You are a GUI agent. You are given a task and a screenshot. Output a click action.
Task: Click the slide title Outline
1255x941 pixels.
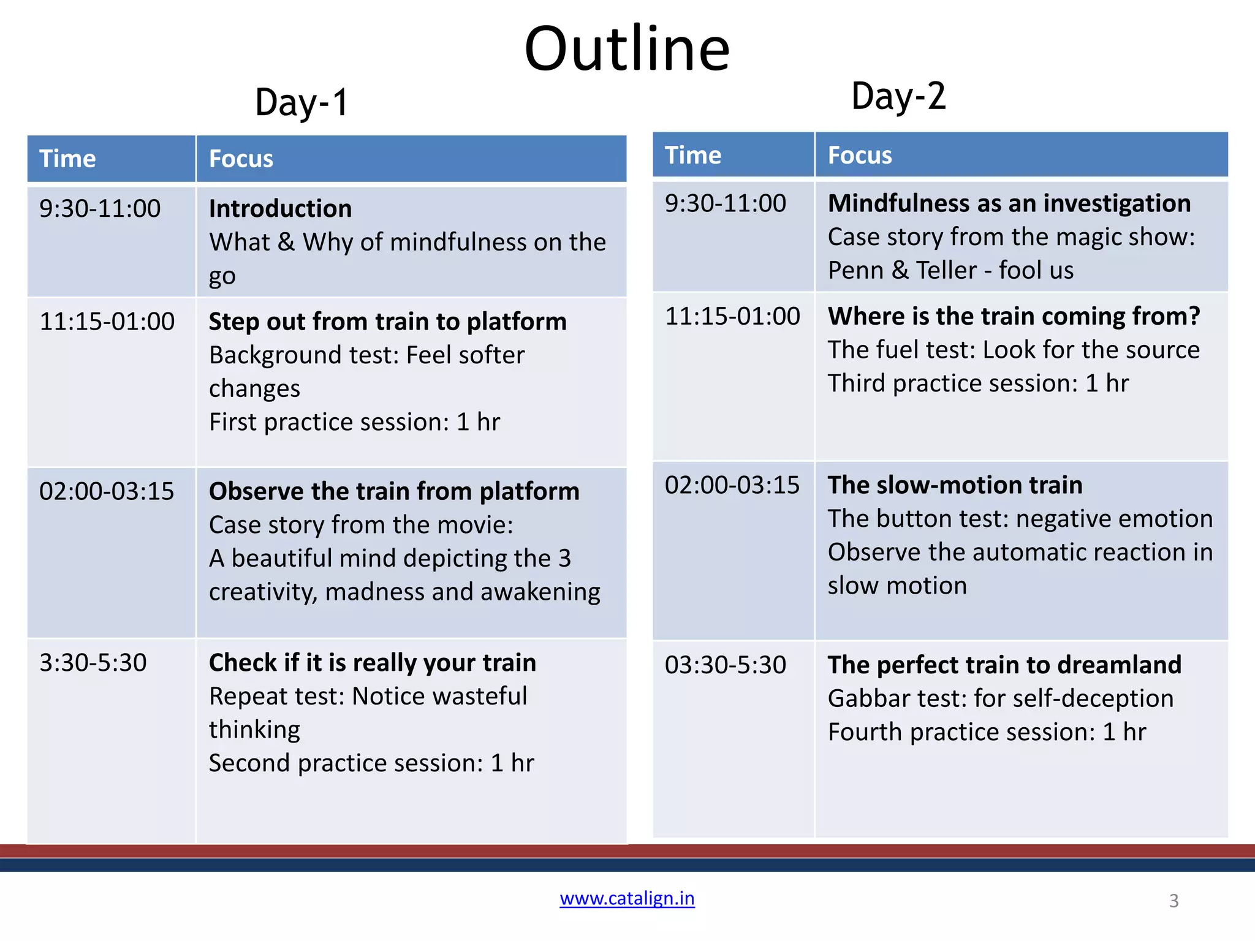pos(627,49)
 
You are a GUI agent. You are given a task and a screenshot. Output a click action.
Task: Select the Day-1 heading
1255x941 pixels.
pos(301,102)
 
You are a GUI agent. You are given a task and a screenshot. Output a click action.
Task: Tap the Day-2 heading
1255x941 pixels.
pos(898,97)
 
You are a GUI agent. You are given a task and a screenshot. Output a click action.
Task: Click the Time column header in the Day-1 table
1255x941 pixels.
pos(67,159)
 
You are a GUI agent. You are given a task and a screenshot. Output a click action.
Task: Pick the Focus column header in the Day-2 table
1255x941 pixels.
pos(860,155)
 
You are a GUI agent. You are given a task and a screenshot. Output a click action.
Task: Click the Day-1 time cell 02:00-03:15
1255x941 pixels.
pos(107,491)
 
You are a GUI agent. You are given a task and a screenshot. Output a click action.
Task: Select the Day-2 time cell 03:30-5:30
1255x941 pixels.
pos(725,665)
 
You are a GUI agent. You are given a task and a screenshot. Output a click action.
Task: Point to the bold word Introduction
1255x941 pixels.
pos(280,208)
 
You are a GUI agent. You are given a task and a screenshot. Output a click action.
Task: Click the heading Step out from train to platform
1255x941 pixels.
pos(387,322)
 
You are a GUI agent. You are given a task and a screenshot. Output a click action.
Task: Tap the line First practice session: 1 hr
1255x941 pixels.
pos(354,422)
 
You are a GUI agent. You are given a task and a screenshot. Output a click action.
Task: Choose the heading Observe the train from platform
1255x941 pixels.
pos(393,491)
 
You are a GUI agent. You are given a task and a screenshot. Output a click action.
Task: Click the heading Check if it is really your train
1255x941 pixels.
pos(372,663)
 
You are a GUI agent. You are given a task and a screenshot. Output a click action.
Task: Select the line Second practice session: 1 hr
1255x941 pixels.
pos(371,763)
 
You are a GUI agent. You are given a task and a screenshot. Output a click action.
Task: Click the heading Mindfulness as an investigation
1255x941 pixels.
pos(1009,203)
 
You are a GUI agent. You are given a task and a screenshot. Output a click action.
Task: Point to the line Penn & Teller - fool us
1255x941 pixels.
pos(950,270)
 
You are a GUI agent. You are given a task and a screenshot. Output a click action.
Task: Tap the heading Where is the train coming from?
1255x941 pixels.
pos(1014,316)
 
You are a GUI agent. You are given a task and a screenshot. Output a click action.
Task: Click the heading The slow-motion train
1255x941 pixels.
pos(955,485)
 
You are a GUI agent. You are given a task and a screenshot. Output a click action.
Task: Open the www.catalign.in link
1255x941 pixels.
pos(627,898)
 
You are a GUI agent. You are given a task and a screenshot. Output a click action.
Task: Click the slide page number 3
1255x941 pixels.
pos(1173,901)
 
